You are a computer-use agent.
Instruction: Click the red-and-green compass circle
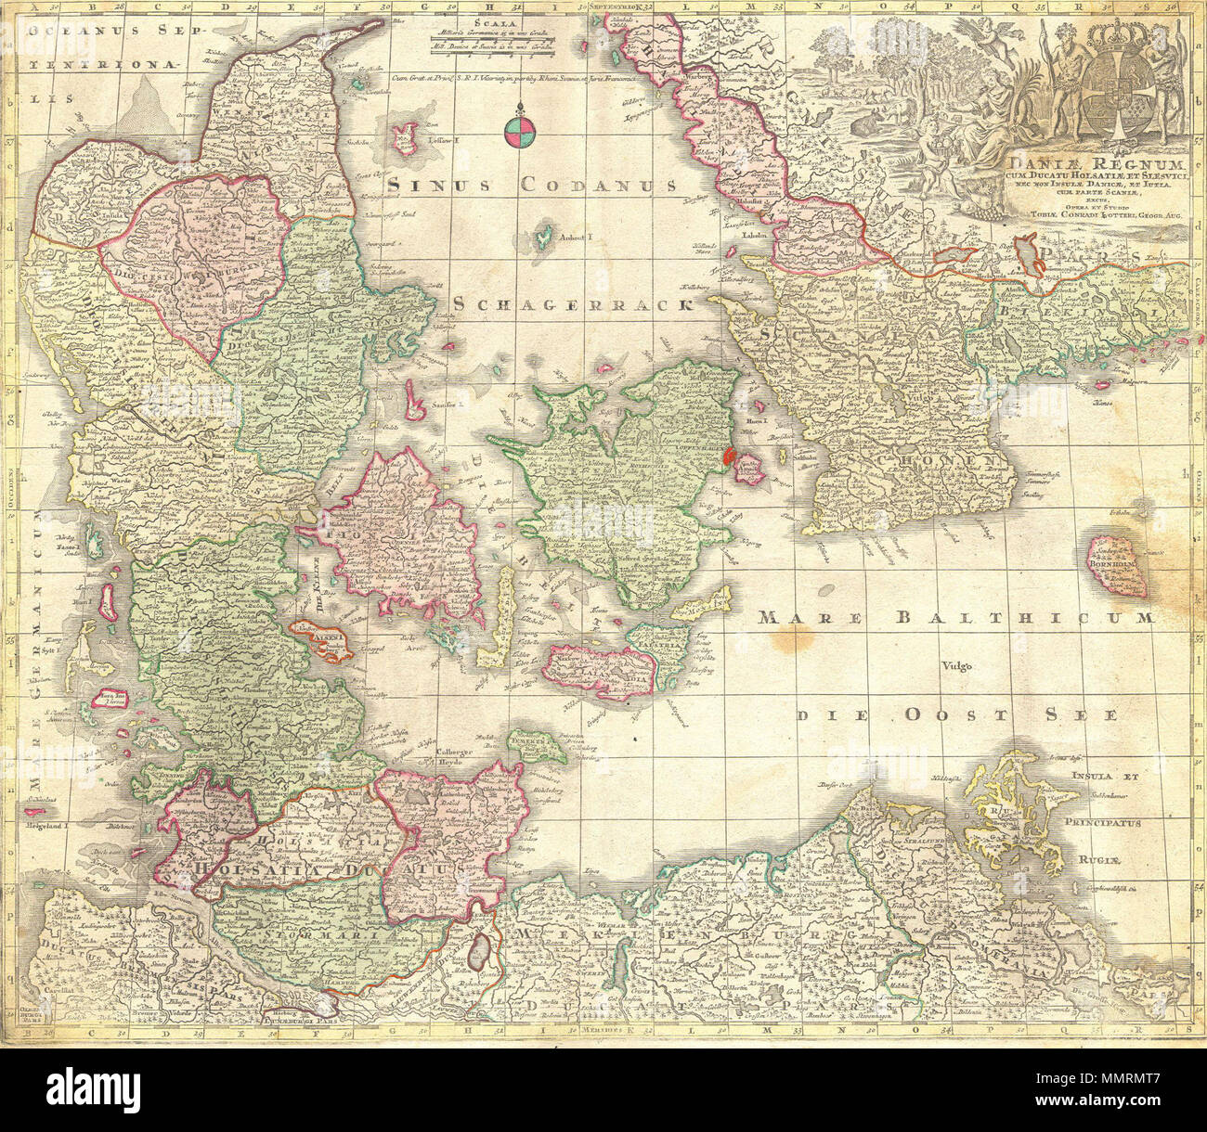point(517,133)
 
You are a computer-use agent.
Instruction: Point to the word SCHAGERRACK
point(575,304)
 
